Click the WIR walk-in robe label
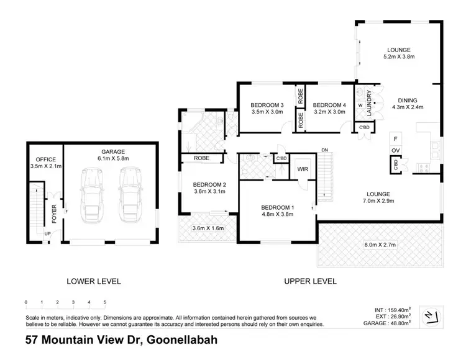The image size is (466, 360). (303, 168)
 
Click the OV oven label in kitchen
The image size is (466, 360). (395, 150)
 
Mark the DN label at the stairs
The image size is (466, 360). (324, 150)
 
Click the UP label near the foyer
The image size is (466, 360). (47, 233)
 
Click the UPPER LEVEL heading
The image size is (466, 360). (310, 281)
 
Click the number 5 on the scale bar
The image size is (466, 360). (105, 302)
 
